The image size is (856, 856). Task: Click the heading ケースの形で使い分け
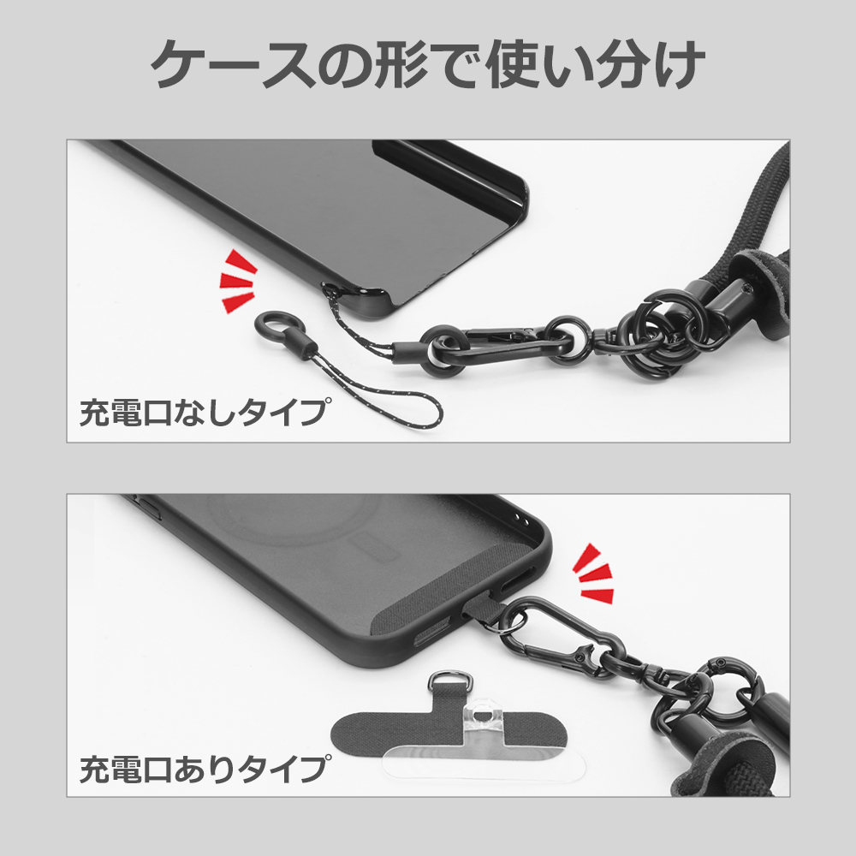pos(428,66)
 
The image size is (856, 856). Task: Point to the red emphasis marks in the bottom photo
pos(594,571)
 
